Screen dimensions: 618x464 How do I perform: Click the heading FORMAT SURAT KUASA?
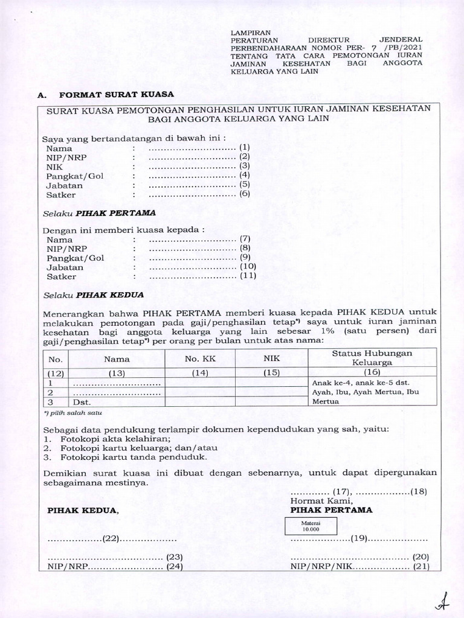coord(115,95)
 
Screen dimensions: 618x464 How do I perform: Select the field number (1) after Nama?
coord(244,147)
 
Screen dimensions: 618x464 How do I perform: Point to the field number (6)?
coord(244,194)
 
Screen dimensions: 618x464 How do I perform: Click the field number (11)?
coord(248,276)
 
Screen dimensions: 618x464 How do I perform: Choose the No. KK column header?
coord(200,358)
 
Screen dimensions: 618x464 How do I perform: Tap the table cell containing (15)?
coord(272,373)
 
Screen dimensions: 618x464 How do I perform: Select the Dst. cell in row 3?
coord(81,401)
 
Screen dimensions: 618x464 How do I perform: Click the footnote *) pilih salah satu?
coord(73,413)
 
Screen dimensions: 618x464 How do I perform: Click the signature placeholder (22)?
coord(111,538)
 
